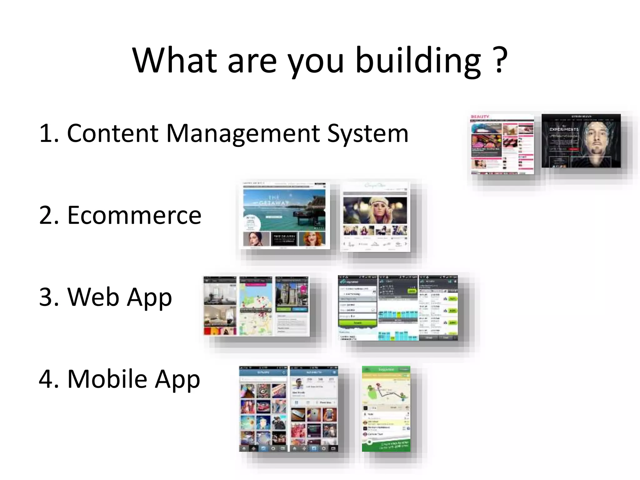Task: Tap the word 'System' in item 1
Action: click(x=367, y=134)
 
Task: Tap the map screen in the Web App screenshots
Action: click(x=256, y=306)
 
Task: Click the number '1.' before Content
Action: click(x=49, y=134)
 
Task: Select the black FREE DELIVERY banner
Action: click(x=284, y=239)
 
